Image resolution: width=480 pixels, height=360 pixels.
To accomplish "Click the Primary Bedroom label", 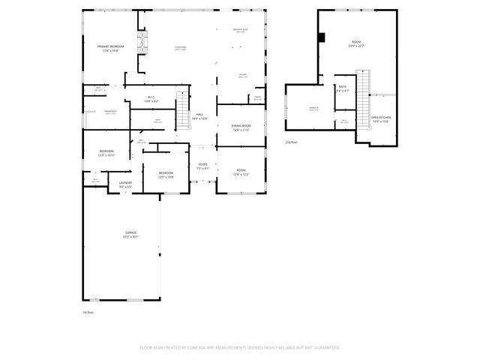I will [x=110, y=48].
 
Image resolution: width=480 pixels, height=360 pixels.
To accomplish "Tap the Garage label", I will [x=131, y=235].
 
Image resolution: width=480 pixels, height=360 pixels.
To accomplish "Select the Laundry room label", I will [x=125, y=184].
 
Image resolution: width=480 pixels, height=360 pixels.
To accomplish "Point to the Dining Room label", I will [x=241, y=127].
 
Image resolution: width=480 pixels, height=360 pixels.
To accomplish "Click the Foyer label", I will [x=202, y=166].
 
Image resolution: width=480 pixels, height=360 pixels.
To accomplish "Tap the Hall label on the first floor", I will [x=199, y=116].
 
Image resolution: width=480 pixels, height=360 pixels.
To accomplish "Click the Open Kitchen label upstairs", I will [x=381, y=119].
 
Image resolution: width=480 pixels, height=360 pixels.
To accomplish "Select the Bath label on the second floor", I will [x=343, y=88].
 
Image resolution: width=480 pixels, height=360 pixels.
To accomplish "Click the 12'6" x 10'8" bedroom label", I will [x=166, y=175].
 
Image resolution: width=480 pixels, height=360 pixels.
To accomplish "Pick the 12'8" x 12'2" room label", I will [x=241, y=172].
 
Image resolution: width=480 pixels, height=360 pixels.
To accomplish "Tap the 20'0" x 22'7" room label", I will [x=357, y=44].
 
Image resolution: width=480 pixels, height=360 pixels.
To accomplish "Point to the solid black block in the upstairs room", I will [x=321, y=37].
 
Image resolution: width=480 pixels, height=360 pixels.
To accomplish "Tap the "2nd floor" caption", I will [x=291, y=142].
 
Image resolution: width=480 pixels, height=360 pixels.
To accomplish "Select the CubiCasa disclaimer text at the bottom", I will [x=240, y=348].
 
